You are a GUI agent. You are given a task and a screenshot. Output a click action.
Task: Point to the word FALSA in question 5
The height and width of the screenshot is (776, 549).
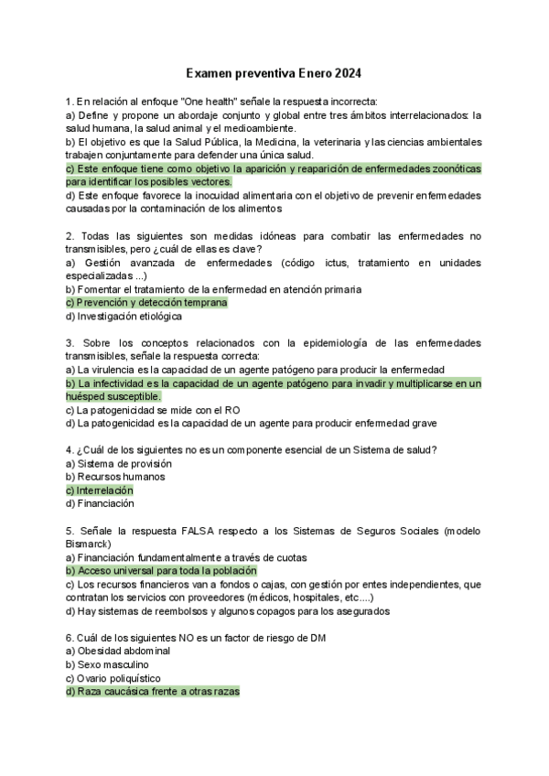click(x=198, y=530)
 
